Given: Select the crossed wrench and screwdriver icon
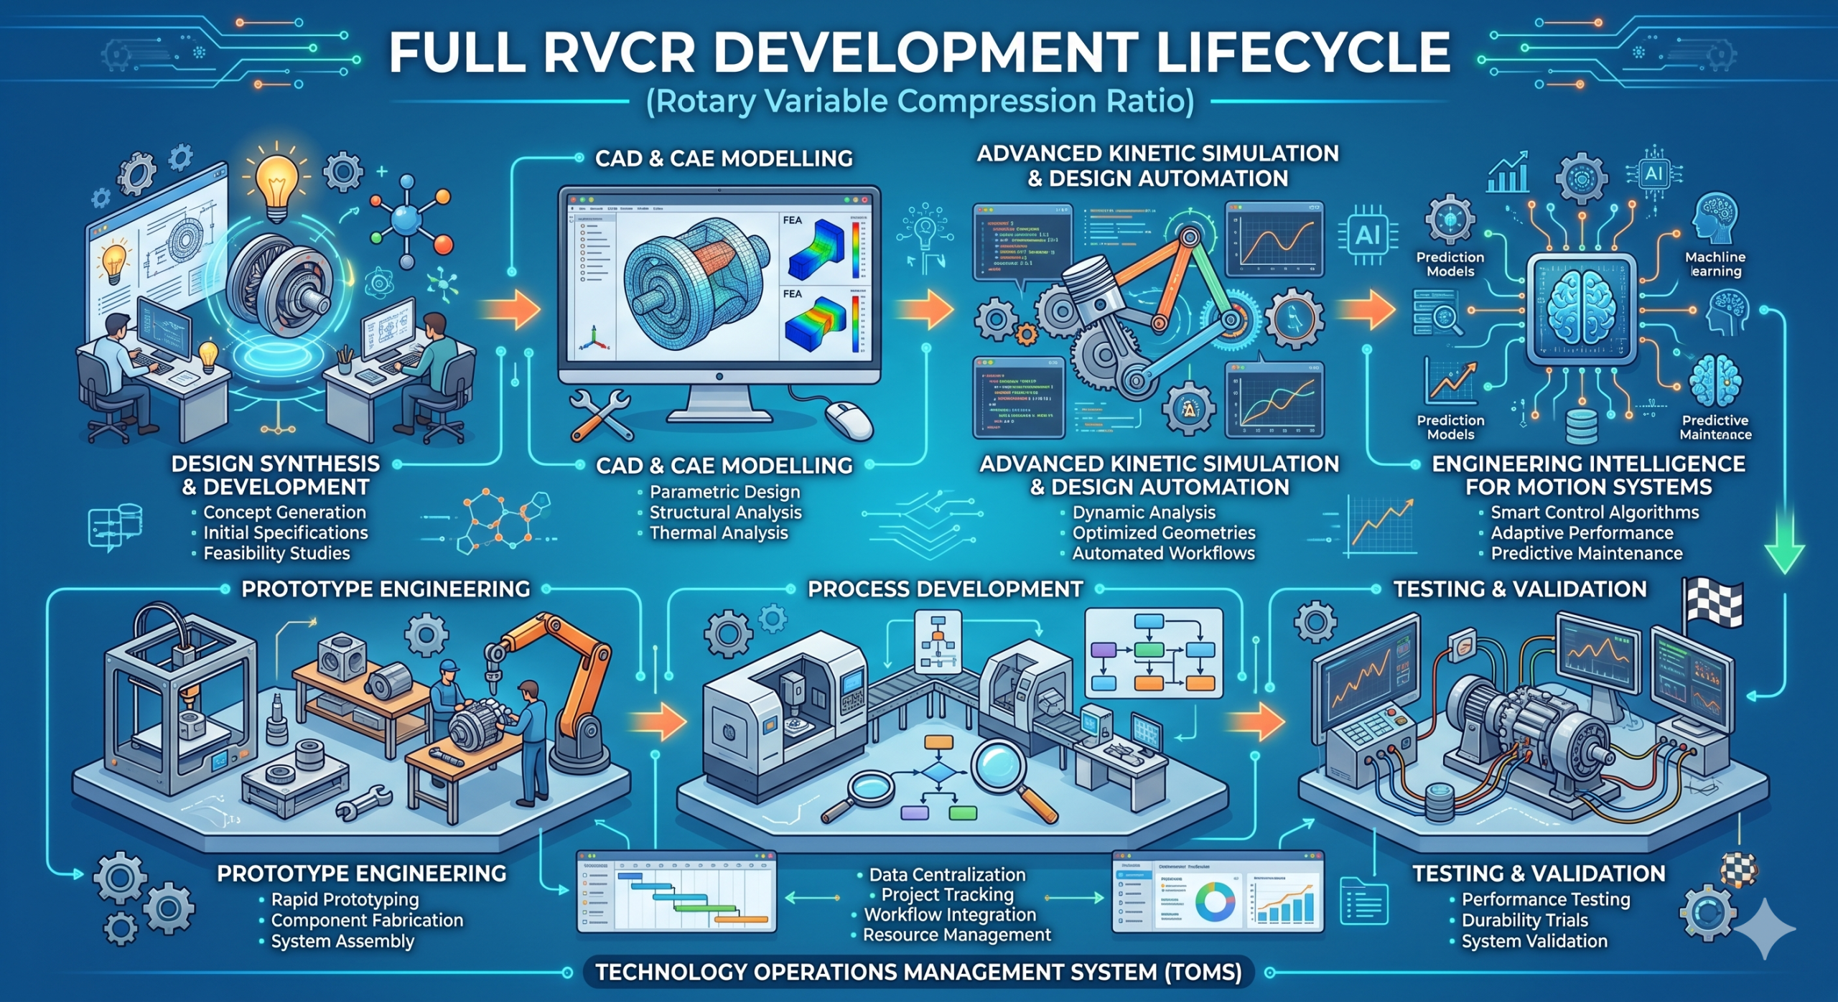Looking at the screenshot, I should pyautogui.click(x=602, y=415).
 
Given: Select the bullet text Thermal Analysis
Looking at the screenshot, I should pyautogui.click(x=718, y=533).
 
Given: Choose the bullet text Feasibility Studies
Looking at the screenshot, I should pyautogui.click(x=276, y=553).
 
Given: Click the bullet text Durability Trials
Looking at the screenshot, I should pyautogui.click(x=1524, y=920).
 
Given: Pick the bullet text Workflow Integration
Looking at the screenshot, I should pyautogui.click(x=950, y=914).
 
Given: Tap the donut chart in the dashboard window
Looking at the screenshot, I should pyautogui.click(x=1215, y=902).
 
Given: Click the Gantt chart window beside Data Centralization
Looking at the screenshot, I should pyautogui.click(x=676, y=892).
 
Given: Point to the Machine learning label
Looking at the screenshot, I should pyautogui.click(x=1715, y=263).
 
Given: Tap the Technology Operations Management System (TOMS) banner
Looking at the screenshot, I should pyautogui.click(x=918, y=973).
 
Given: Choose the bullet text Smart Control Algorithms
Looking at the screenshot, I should pyautogui.click(x=1595, y=512).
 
